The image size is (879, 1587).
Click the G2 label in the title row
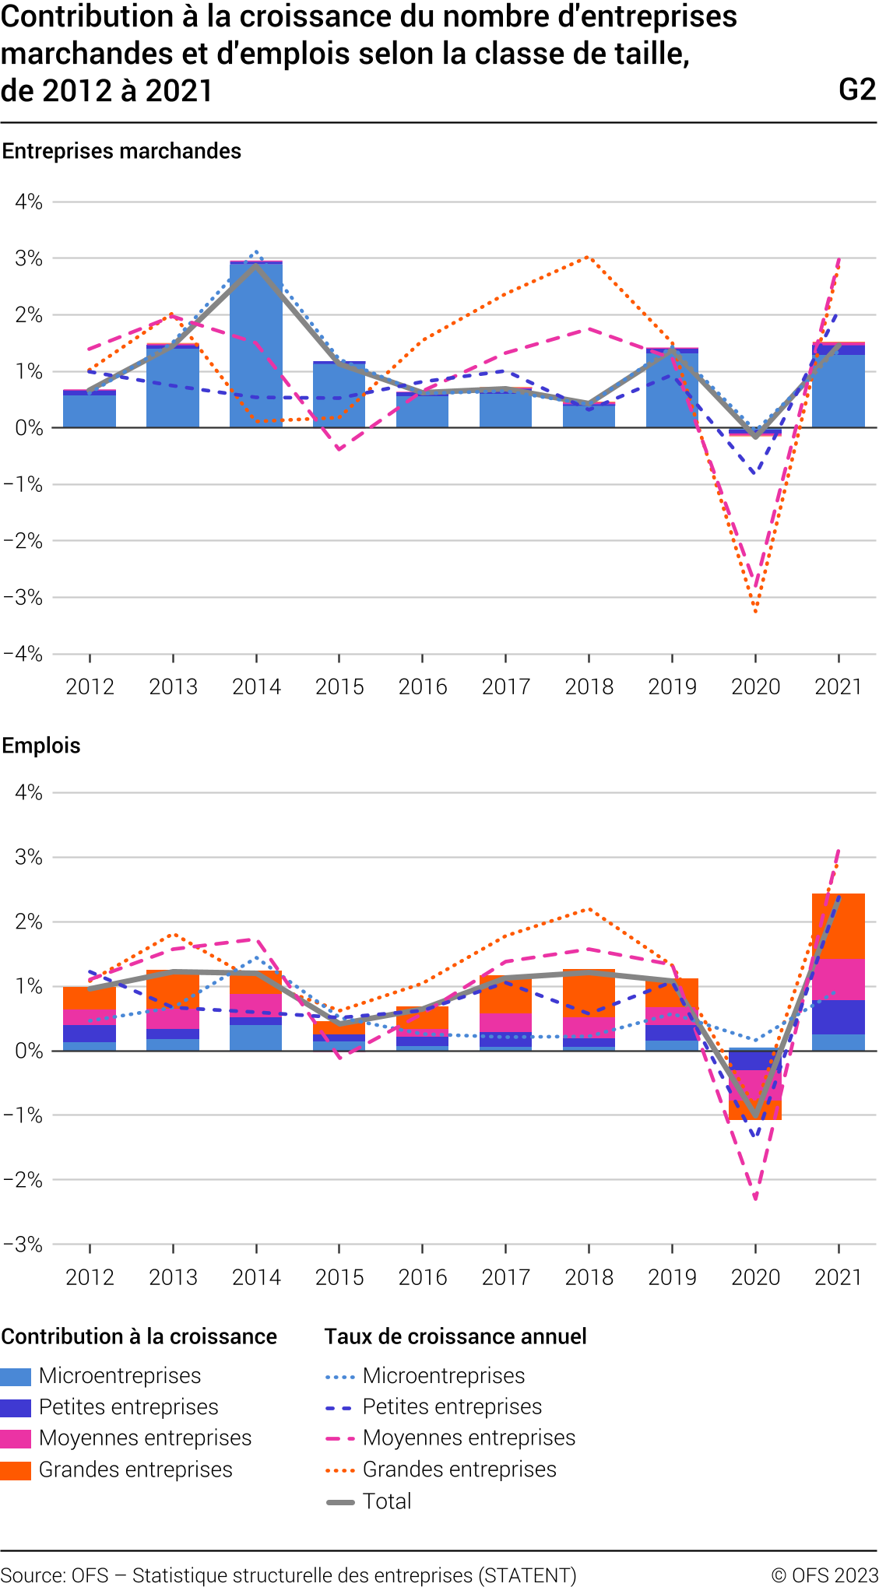857,90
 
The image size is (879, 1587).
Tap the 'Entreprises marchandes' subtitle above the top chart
121,151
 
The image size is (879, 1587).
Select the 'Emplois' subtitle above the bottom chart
41,746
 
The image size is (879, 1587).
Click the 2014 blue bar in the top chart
256,346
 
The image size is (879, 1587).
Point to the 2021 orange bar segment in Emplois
839,926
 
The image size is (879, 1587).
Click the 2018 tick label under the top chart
589,686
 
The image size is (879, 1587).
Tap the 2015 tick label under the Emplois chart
339,1277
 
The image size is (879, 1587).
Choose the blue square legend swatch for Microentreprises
16,1376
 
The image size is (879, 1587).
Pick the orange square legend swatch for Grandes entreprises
16,1470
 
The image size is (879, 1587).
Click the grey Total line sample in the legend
341,1501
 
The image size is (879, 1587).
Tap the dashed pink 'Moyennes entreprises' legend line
341,1438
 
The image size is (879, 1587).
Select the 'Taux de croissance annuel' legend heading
455,1336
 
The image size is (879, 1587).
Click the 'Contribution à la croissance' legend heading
139,1336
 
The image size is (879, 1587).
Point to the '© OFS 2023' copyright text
824,1575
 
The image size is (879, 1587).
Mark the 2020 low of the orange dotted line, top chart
755,611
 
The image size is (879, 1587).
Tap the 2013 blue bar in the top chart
173,388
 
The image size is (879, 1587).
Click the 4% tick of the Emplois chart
29,792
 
